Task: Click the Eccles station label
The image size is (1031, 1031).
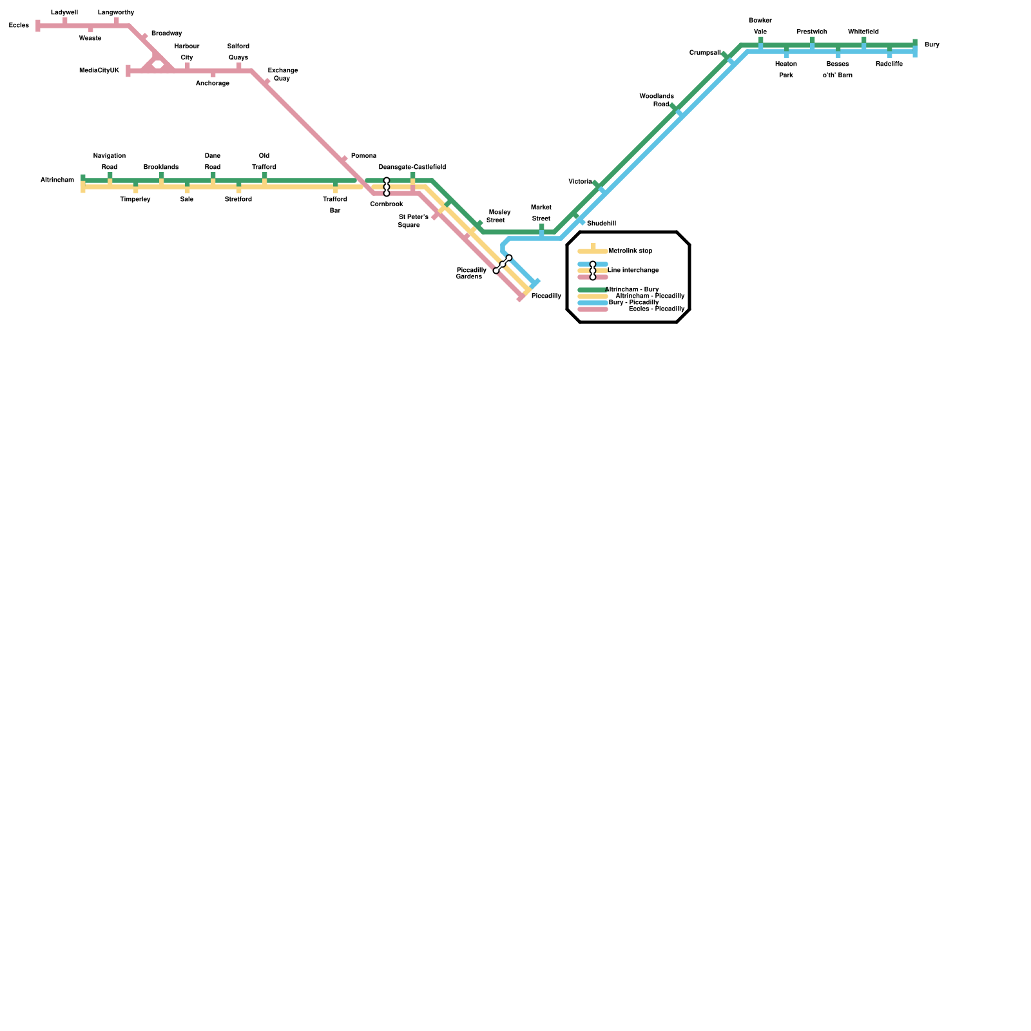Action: tap(19, 26)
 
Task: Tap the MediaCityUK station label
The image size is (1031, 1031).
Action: tap(99, 71)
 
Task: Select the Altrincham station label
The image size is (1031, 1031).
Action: tap(57, 180)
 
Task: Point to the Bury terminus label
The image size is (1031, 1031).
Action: tap(932, 45)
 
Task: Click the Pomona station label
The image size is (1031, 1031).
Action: tap(363, 156)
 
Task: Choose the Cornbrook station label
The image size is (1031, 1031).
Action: tap(387, 204)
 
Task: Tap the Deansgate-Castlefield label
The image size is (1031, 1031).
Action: tap(412, 168)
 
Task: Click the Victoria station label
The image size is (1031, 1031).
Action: tap(580, 182)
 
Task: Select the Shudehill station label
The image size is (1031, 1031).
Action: tap(601, 224)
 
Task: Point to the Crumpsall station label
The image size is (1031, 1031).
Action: tap(705, 53)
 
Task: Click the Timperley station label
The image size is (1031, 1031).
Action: tap(135, 200)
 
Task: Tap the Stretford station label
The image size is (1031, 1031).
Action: tap(238, 200)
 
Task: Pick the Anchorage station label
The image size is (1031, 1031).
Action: tap(213, 84)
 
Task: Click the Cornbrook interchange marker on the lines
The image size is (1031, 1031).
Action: tap(387, 187)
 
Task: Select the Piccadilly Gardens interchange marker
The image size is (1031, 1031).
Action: tap(503, 264)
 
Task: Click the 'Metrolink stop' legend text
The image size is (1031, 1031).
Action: tap(630, 251)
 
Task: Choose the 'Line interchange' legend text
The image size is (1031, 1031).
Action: tap(633, 271)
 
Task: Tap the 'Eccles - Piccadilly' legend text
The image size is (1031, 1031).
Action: tap(657, 309)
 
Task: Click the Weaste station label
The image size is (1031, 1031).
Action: tap(90, 39)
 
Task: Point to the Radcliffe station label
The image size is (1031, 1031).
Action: tap(889, 64)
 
